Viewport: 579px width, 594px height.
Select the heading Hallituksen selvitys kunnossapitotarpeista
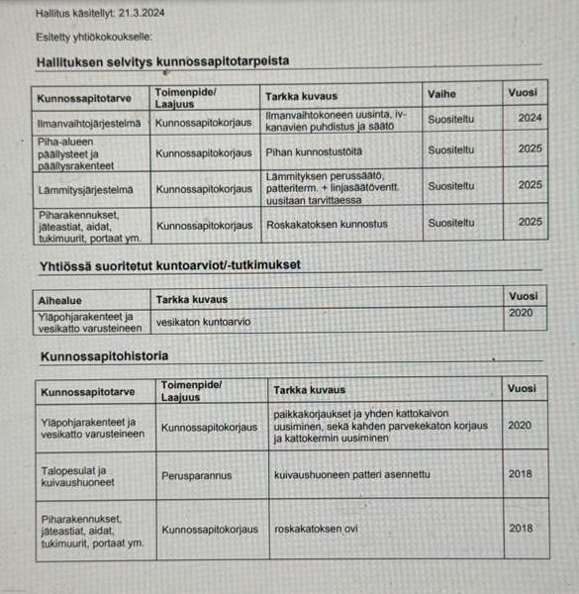coord(162,61)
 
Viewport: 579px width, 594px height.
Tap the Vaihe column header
coord(442,96)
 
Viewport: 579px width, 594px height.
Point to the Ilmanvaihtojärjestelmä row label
coord(89,124)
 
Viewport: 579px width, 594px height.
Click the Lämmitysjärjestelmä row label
coord(85,187)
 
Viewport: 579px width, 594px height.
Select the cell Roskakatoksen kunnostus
coord(328,223)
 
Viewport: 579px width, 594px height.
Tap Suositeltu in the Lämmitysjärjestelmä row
coord(451,185)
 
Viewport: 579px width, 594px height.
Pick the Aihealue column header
coord(61,299)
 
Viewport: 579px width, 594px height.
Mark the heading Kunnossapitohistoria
coord(104,355)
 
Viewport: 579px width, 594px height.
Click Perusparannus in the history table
coord(198,475)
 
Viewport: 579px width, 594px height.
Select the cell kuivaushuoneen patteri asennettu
coord(351,474)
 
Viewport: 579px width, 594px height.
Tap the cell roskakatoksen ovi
coord(316,529)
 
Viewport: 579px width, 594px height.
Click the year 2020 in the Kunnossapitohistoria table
coord(520,425)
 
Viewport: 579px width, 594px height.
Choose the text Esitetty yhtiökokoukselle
coord(94,38)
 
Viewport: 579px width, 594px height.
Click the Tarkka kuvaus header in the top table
coord(302,96)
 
